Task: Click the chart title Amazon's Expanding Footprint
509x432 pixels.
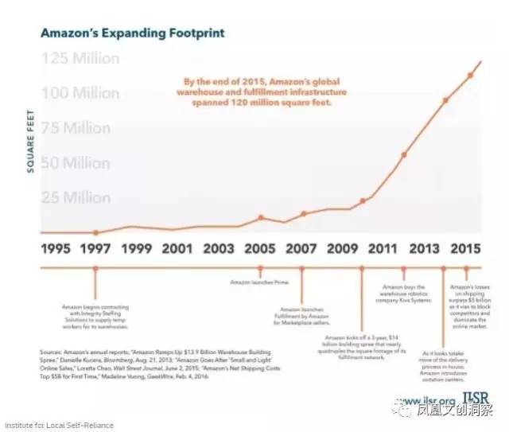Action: (132, 33)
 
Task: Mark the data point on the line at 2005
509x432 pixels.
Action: (260, 216)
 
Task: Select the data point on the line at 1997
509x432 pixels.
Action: (95, 232)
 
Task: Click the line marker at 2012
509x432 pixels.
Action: (404, 154)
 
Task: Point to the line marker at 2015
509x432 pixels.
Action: (471, 75)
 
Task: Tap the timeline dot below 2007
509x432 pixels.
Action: (301, 268)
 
